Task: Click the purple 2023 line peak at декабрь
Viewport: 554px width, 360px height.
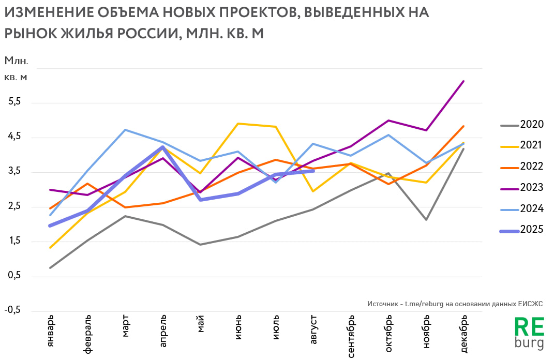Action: [x=463, y=81]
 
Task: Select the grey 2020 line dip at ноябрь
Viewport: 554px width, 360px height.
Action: [x=426, y=220]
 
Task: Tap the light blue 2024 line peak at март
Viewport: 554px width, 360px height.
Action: [x=126, y=130]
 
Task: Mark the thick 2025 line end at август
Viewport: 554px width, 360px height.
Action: [x=313, y=171]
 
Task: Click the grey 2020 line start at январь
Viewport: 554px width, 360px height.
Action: [x=50, y=268]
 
